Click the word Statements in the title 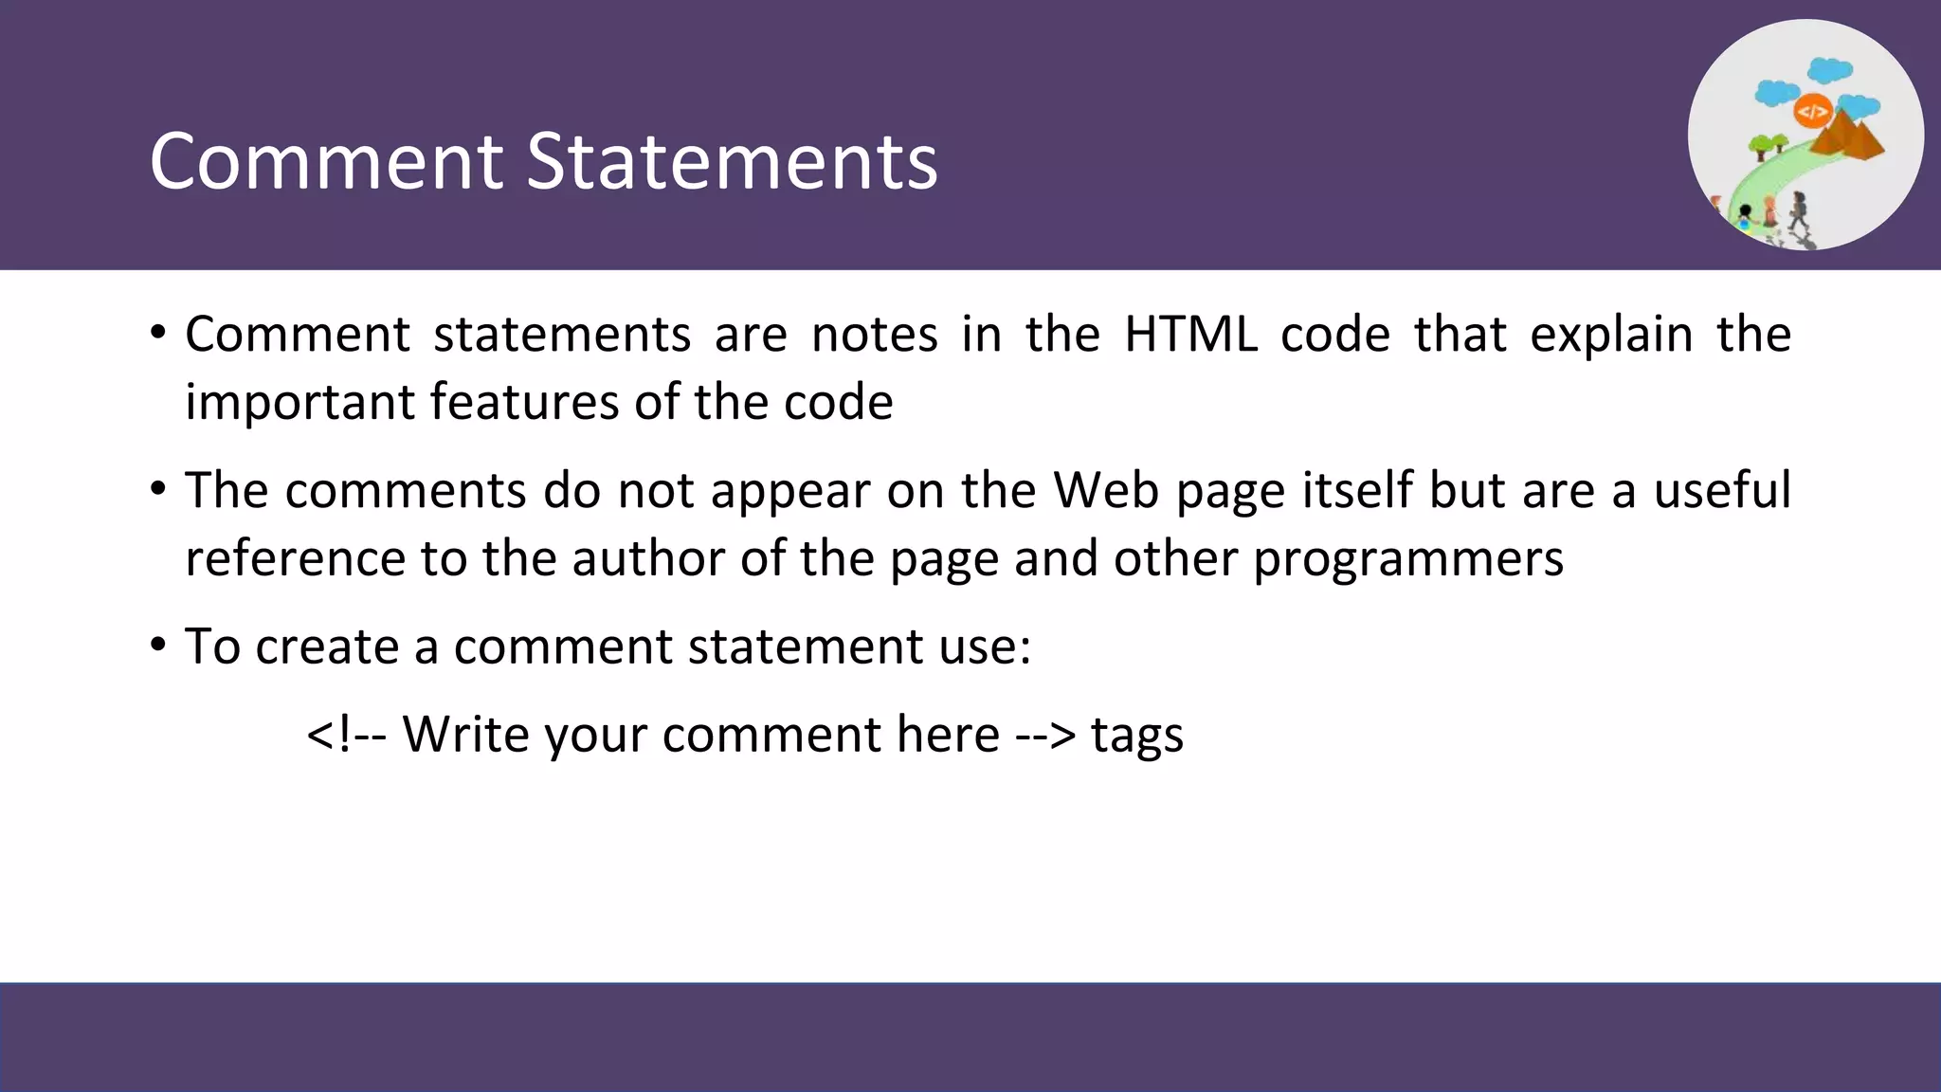731,161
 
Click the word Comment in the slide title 325,161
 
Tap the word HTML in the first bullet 1190,335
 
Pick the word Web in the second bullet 1106,491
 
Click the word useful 1722,491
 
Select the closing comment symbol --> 1045,736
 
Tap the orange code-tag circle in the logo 1811,113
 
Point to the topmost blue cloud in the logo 1830,70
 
